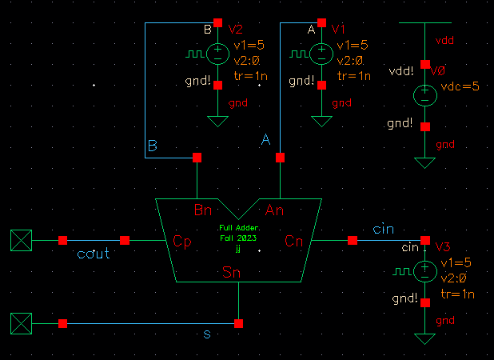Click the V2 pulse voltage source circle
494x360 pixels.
(217, 54)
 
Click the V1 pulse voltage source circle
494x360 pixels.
(321, 54)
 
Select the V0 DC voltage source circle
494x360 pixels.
(425, 95)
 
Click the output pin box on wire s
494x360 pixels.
(21, 323)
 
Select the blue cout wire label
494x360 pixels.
(93, 254)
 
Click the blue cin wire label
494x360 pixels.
(383, 230)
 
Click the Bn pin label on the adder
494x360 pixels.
(204, 210)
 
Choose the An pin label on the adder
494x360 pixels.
(275, 210)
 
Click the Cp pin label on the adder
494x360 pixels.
(181, 240)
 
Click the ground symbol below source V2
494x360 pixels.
(217, 121)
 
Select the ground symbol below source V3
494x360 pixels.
(425, 338)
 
